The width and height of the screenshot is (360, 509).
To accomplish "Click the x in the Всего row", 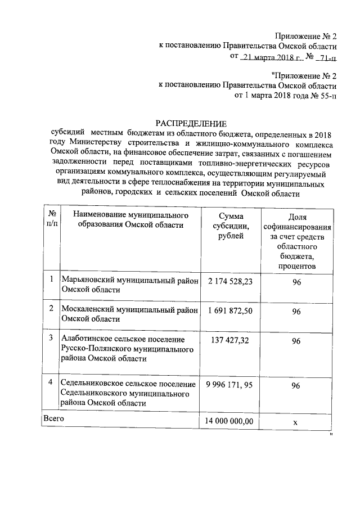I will pos(295,421).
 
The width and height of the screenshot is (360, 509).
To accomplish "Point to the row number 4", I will pos(51,382).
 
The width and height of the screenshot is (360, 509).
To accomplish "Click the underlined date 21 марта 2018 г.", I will pos(271,57).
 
